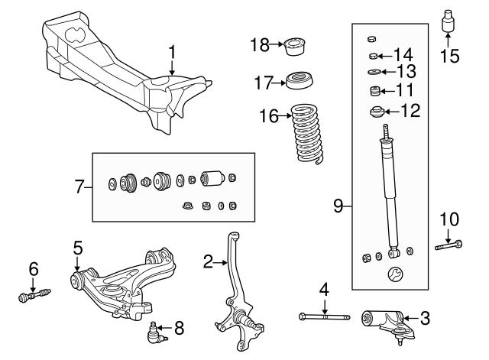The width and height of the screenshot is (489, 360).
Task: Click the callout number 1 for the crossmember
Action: (x=173, y=53)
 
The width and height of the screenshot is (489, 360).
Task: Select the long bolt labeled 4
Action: (x=325, y=316)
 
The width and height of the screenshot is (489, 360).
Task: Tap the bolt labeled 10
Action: (x=449, y=246)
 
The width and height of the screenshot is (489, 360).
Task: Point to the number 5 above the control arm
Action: (x=77, y=248)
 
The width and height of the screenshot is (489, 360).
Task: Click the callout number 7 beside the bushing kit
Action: (x=79, y=185)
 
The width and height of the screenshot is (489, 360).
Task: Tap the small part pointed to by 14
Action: (x=374, y=55)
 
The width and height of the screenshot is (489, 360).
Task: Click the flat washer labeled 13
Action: (x=374, y=73)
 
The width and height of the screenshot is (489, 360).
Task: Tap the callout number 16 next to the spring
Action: (x=268, y=116)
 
